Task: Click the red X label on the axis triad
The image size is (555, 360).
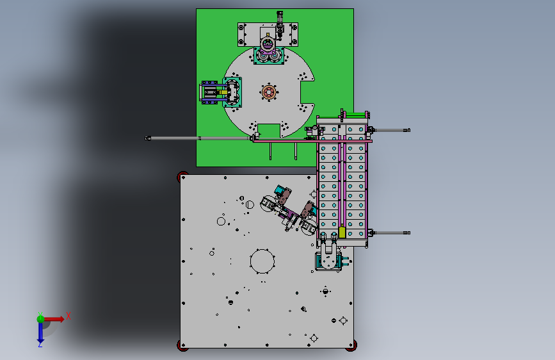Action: (x=68, y=316)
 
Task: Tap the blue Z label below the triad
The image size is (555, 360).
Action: (x=40, y=344)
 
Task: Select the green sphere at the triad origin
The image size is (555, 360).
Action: (x=41, y=319)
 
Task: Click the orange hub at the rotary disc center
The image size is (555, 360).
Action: (x=269, y=92)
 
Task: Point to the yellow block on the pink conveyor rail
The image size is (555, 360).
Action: (x=342, y=232)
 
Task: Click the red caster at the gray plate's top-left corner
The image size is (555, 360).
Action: (x=182, y=176)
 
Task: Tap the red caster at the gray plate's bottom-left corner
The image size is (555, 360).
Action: (x=182, y=345)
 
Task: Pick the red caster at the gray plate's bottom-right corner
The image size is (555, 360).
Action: (x=351, y=345)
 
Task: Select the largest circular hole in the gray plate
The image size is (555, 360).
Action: (x=262, y=261)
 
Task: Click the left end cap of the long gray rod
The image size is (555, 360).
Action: (x=148, y=138)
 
